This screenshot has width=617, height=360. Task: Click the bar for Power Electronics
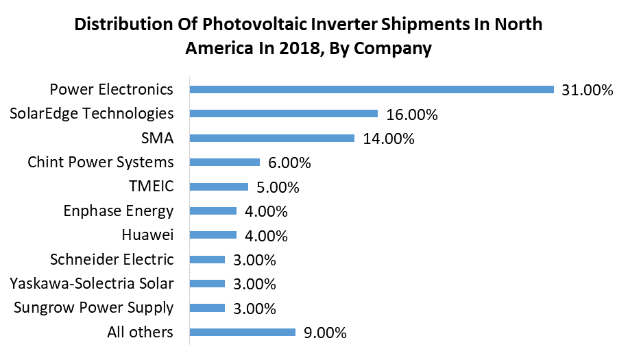coord(372,89)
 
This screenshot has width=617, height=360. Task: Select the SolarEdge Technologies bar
coord(284,114)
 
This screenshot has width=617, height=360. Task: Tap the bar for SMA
coord(271,138)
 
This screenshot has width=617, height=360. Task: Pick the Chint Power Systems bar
coord(225,163)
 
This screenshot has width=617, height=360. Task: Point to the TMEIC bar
coord(219,187)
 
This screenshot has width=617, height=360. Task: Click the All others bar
coord(243,333)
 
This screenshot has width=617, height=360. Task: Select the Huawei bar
coord(213,235)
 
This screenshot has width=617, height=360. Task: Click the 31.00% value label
coord(586,91)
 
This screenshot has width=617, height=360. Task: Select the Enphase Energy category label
coord(119,211)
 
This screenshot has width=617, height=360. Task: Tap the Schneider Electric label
coord(112,259)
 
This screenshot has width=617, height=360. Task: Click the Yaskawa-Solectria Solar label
coord(92,283)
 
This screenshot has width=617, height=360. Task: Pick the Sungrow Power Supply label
coord(94,308)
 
